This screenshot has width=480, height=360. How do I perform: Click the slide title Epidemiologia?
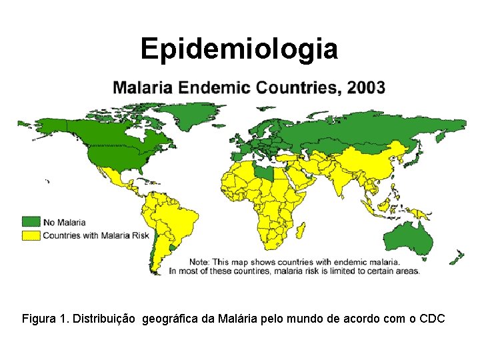pos(239,49)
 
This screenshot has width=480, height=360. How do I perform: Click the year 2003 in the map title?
pos(361,87)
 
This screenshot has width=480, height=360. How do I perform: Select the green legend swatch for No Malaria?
pos(31,222)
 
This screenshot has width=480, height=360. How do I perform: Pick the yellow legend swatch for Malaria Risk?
pos(31,235)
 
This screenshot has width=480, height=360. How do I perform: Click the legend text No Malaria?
pos(64,222)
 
